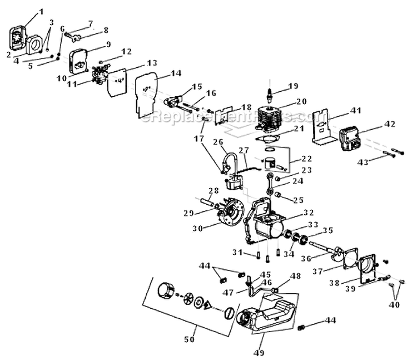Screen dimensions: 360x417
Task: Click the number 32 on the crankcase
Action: click(x=309, y=212)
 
